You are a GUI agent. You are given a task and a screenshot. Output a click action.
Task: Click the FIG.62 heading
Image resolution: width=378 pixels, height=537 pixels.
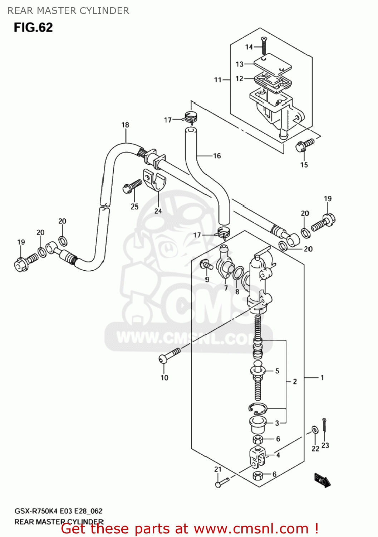click(33, 28)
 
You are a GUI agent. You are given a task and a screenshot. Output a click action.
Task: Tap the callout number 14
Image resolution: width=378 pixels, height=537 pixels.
click(249, 47)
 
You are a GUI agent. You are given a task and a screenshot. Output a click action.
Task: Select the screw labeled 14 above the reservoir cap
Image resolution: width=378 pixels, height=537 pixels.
click(264, 45)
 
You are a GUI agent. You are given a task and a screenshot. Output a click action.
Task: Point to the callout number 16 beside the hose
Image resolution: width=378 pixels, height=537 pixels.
click(217, 156)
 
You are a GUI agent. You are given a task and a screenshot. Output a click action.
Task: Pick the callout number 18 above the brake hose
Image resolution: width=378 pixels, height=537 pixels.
click(125, 125)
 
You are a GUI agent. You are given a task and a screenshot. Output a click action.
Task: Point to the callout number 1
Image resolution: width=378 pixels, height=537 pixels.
click(322, 377)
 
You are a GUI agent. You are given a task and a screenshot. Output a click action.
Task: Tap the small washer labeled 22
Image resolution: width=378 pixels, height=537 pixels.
click(315, 430)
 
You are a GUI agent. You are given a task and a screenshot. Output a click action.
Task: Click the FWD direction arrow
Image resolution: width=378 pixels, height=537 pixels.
click(322, 480)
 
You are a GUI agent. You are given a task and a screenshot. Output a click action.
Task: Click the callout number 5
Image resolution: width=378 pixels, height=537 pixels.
click(277, 371)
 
